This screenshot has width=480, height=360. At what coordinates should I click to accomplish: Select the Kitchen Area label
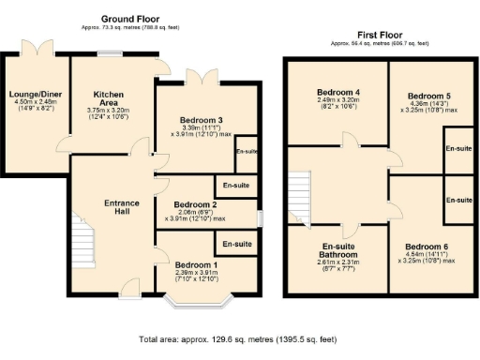(x=109, y=98)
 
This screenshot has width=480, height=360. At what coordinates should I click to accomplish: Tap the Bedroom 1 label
(x=196, y=265)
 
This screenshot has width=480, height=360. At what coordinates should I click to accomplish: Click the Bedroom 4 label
(x=338, y=91)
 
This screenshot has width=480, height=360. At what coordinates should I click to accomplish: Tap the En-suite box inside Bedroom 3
(x=247, y=152)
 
